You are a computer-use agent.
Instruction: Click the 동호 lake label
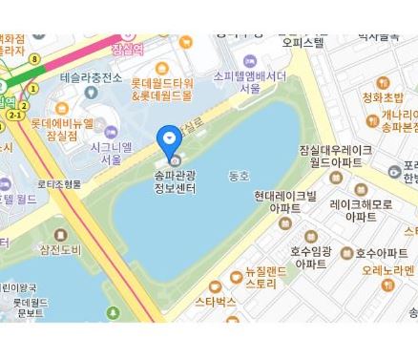click(239, 176)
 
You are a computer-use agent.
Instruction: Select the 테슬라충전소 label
click(91, 77)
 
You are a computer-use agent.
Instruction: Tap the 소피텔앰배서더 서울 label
click(250, 81)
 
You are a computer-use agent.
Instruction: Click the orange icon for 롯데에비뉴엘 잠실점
click(62, 109)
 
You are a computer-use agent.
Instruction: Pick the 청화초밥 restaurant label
click(383, 97)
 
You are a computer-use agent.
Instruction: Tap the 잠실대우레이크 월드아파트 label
click(335, 157)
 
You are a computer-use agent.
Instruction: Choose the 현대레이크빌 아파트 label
click(284, 201)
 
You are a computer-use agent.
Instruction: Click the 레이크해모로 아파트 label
click(360, 210)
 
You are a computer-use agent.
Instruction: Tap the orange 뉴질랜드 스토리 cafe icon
click(237, 278)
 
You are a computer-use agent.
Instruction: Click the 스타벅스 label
click(215, 302)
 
